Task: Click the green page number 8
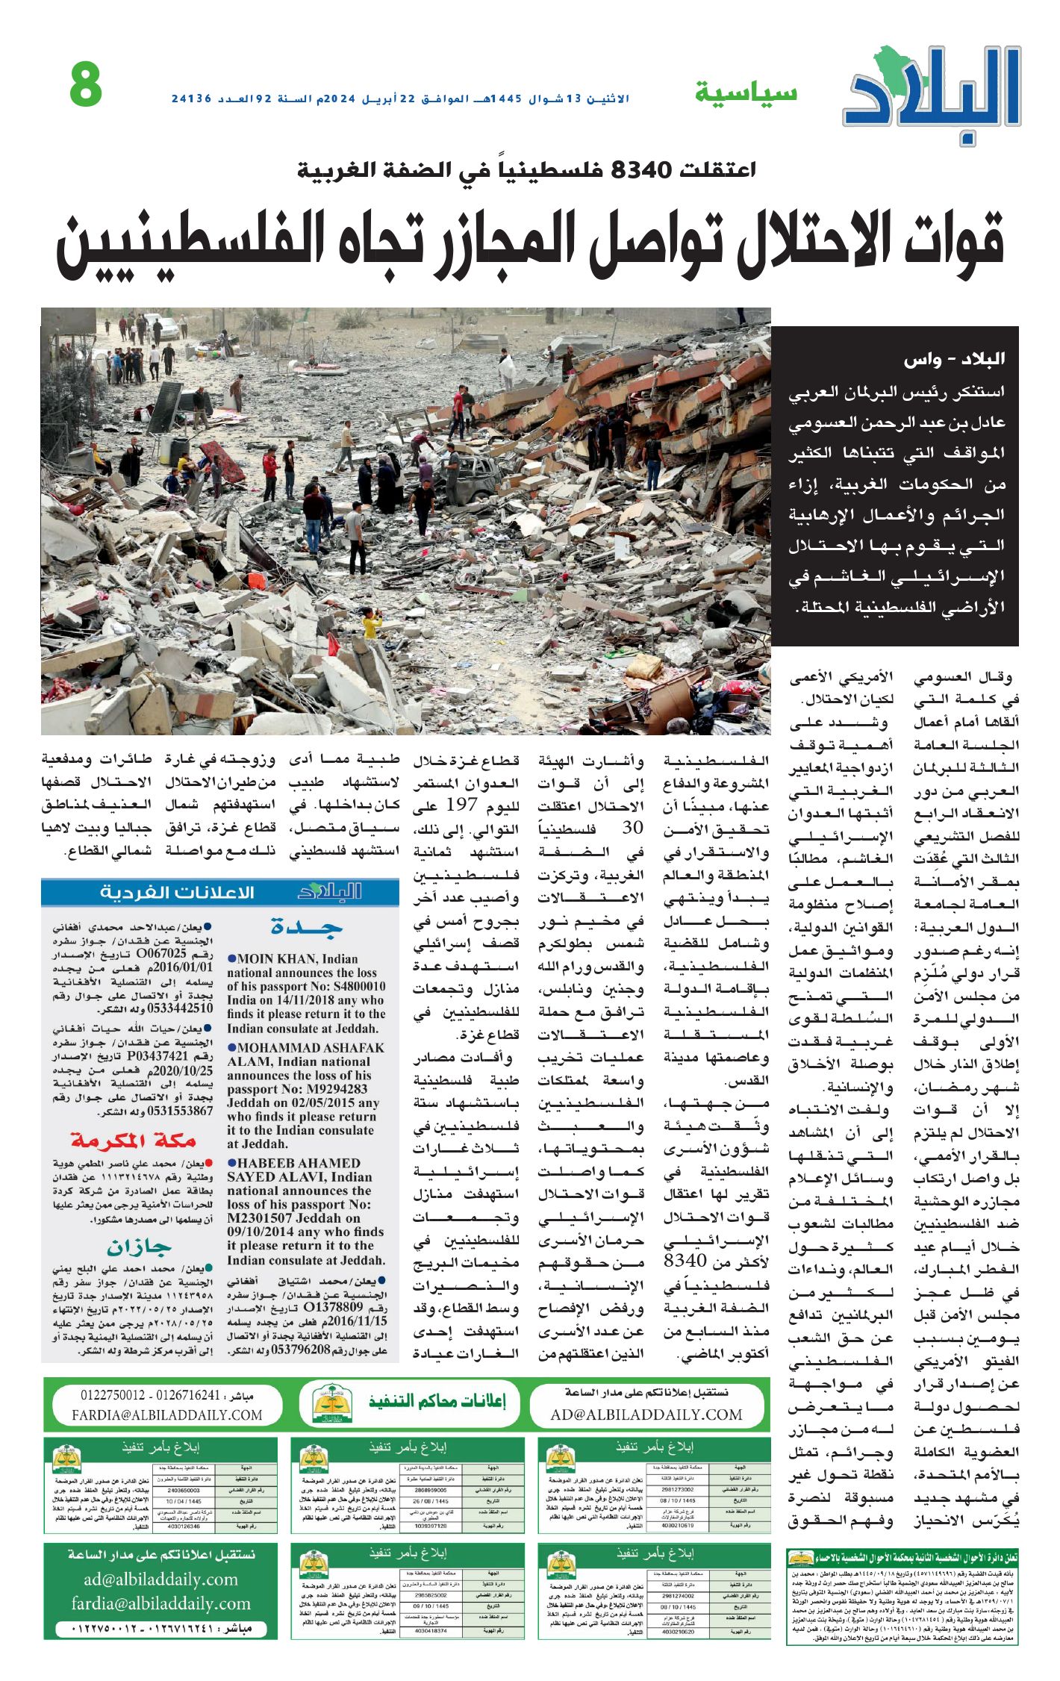pos(86,85)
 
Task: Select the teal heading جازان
pos(139,1247)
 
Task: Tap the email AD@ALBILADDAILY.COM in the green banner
pos(646,1415)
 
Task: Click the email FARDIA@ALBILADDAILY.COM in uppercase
pos(166,1415)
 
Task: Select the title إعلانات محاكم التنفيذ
pos(437,1400)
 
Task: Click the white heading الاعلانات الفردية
pos(177,893)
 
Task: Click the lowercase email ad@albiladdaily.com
pos(160,1579)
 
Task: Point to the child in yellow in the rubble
pos(370,623)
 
